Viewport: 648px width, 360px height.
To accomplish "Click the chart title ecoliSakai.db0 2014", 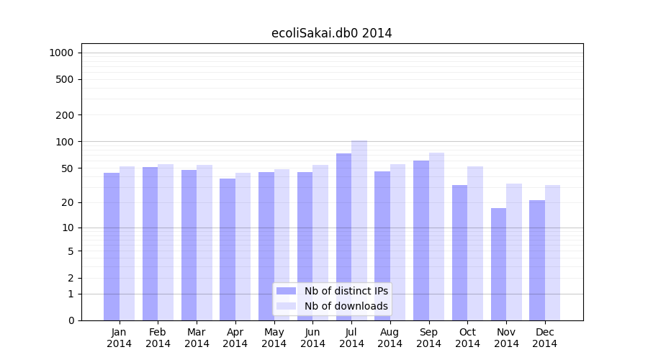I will (331, 33).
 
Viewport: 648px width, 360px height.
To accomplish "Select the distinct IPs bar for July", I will (343, 237).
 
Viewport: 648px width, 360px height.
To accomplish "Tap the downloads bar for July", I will (359, 230).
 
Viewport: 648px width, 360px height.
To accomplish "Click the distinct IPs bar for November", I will (498, 264).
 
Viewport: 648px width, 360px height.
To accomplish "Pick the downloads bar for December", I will (552, 253).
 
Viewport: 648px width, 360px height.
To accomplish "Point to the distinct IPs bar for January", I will (112, 246).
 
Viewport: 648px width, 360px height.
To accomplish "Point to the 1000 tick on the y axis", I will (61, 53).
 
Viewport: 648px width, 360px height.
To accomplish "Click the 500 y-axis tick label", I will (65, 79).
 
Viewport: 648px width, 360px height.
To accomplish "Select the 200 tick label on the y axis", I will (65, 115).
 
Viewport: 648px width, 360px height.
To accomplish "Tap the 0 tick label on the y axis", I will (71, 320).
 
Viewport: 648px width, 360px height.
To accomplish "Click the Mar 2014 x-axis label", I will (197, 338).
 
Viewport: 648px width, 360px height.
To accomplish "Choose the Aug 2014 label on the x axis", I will (390, 338).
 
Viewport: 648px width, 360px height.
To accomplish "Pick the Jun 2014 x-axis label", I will (312, 338).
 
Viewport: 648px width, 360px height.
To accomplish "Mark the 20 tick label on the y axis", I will (68, 202).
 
